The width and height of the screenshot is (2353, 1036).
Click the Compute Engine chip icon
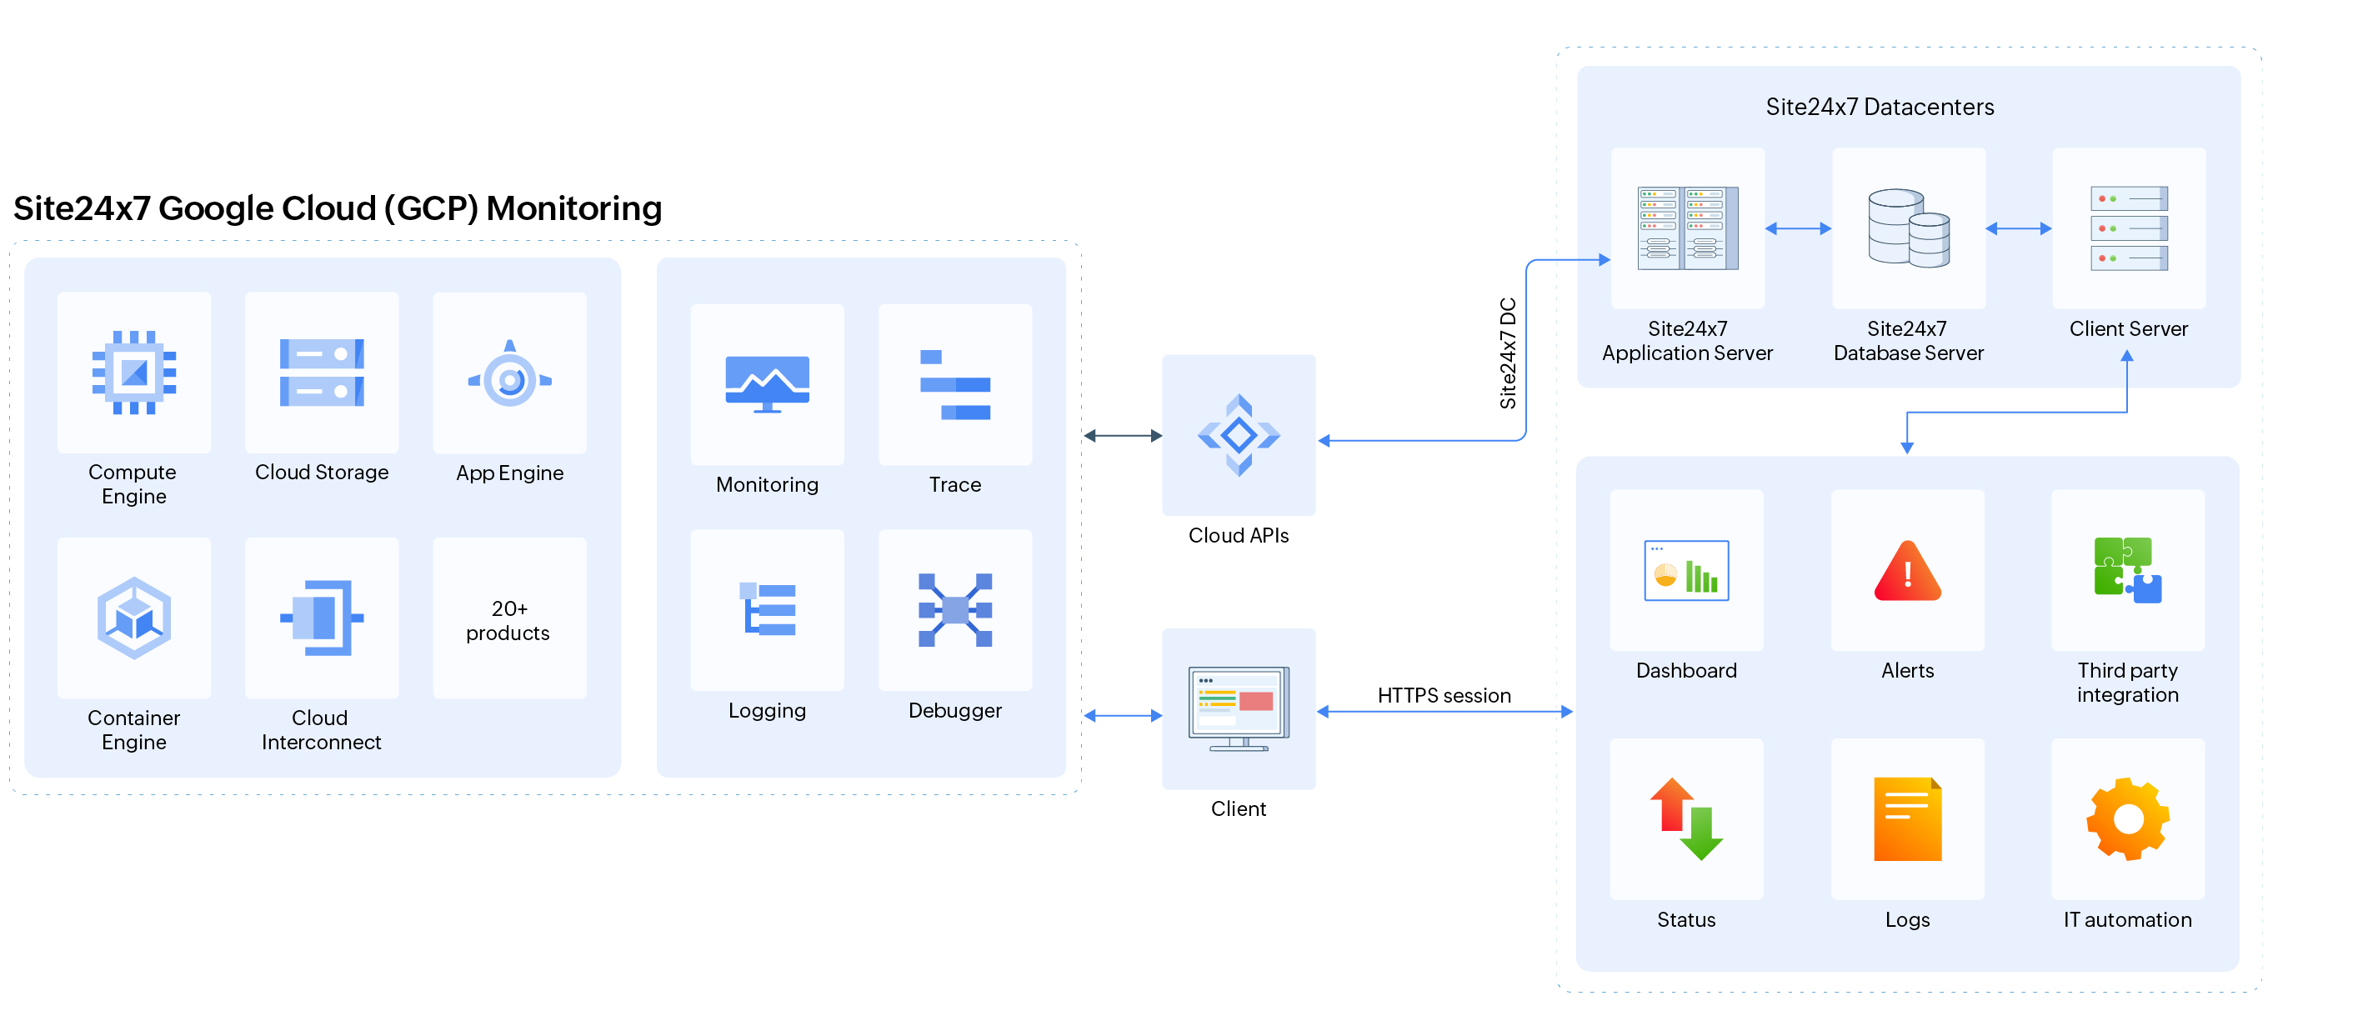click(x=134, y=372)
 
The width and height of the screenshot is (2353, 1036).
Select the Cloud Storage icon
click(x=322, y=372)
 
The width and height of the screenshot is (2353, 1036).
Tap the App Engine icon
click(x=510, y=374)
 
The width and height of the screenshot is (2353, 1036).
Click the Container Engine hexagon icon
click(x=134, y=618)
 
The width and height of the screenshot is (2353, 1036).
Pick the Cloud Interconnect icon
click(x=322, y=618)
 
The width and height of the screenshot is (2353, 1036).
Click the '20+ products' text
click(x=508, y=620)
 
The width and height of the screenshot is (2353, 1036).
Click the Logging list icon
click(x=768, y=609)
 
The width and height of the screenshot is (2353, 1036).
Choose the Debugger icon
click(x=954, y=609)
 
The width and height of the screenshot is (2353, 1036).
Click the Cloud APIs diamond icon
click(x=1239, y=435)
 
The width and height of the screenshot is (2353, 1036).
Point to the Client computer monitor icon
click(x=1239, y=708)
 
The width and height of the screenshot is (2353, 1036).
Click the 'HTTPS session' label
click(x=1443, y=695)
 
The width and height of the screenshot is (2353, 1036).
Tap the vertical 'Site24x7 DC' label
click(x=1508, y=353)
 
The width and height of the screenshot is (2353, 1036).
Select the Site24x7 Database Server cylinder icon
click(x=1908, y=228)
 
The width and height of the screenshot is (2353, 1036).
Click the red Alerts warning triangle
click(x=1907, y=572)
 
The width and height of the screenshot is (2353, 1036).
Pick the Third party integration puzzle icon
click(x=2127, y=570)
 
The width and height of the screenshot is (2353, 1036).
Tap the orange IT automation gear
click(x=2127, y=818)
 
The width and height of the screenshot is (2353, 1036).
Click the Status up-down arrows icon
click(x=1686, y=818)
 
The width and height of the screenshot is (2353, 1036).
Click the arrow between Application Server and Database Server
click(x=1798, y=228)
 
